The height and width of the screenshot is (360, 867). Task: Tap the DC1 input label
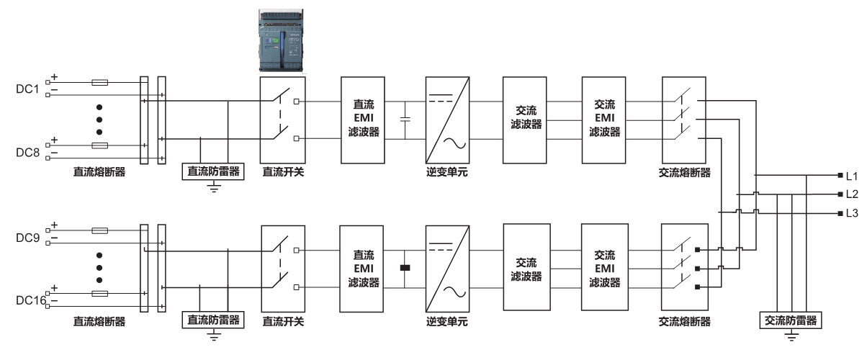(x=26, y=89)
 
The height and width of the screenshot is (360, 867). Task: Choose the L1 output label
(x=852, y=176)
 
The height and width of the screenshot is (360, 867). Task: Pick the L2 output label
(x=852, y=194)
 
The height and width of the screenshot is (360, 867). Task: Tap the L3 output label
(x=852, y=213)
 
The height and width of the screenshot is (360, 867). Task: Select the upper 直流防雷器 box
(x=212, y=171)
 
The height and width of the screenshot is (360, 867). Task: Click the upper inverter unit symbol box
(x=448, y=120)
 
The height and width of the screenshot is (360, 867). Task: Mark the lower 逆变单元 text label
(x=447, y=320)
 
